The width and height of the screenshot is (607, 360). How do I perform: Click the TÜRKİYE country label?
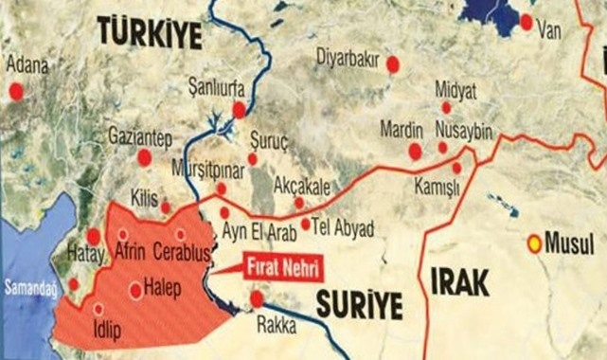(x=150, y=36)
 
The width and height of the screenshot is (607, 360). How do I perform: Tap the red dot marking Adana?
(x=15, y=92)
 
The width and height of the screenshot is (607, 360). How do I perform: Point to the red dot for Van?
(x=526, y=21)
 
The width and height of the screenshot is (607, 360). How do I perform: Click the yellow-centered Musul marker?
(x=535, y=243)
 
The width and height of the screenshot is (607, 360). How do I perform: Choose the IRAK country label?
(x=459, y=281)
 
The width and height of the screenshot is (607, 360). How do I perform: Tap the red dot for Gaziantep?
(x=144, y=157)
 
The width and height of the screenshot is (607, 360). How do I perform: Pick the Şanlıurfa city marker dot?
(x=239, y=110)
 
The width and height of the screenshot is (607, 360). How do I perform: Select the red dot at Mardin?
(x=415, y=152)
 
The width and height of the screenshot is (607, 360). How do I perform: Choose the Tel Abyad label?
(x=344, y=228)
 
